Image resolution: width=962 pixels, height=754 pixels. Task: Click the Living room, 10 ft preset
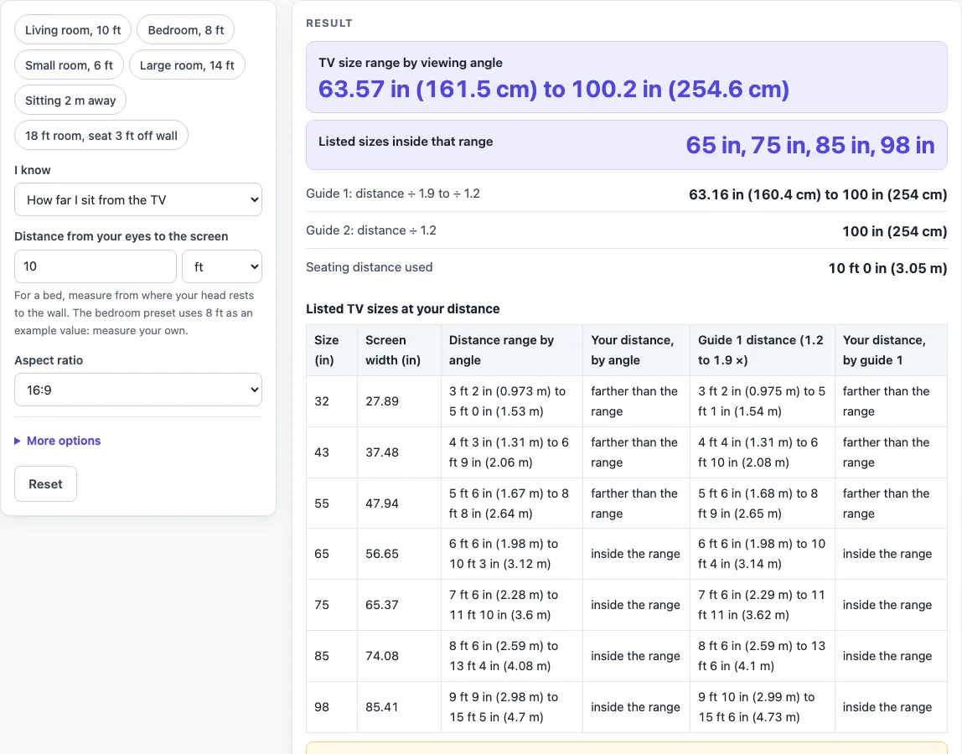tap(73, 30)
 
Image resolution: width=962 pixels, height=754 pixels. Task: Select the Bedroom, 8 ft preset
tap(185, 30)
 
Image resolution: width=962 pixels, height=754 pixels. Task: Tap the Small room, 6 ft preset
tap(69, 65)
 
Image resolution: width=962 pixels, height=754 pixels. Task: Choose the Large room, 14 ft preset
tap(187, 65)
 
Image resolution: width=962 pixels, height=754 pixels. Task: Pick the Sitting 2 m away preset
tap(70, 101)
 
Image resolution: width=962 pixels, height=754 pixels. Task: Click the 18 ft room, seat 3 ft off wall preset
tap(101, 136)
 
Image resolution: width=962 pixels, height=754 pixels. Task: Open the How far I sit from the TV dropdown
tap(138, 199)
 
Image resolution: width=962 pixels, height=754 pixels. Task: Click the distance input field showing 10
tap(95, 266)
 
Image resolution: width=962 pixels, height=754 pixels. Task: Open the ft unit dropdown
tap(222, 266)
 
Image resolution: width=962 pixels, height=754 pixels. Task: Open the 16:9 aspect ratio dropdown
tap(138, 390)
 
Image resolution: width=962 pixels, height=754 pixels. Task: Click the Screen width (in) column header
tap(393, 349)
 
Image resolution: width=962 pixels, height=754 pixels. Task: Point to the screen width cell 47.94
tap(382, 503)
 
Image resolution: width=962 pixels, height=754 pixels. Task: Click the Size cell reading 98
tap(322, 707)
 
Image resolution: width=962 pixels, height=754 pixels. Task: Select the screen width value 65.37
tap(382, 604)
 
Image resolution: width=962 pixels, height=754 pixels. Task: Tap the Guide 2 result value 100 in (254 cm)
tap(894, 231)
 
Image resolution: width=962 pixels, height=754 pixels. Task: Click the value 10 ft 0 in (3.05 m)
tap(887, 268)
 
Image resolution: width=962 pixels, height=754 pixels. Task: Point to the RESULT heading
tap(329, 23)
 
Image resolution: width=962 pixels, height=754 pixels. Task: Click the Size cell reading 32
tap(322, 401)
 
